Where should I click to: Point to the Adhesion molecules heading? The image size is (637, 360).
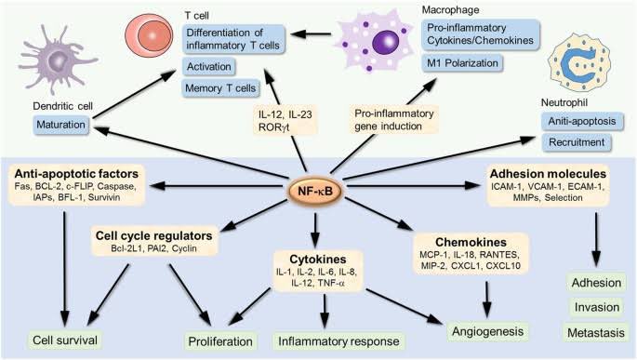[x=550, y=173]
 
